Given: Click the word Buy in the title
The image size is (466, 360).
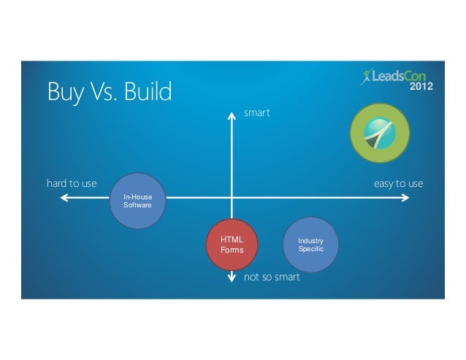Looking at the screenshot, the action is pos(64,93).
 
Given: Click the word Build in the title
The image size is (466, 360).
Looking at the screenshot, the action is pos(145,92).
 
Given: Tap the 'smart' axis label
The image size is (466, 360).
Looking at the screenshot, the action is pos(257,113).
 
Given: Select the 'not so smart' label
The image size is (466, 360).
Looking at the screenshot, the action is pos(272,277).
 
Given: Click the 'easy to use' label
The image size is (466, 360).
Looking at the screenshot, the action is pos(398,183).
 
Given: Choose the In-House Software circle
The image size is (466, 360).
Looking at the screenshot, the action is pos(137,201).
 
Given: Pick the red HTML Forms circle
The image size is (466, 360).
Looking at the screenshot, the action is pos(234,245).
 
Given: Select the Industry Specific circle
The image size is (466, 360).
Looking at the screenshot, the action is pos(310,245).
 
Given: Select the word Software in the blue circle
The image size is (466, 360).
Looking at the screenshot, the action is pos(137,205).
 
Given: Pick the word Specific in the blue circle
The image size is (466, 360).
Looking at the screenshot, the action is pos(310,250).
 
